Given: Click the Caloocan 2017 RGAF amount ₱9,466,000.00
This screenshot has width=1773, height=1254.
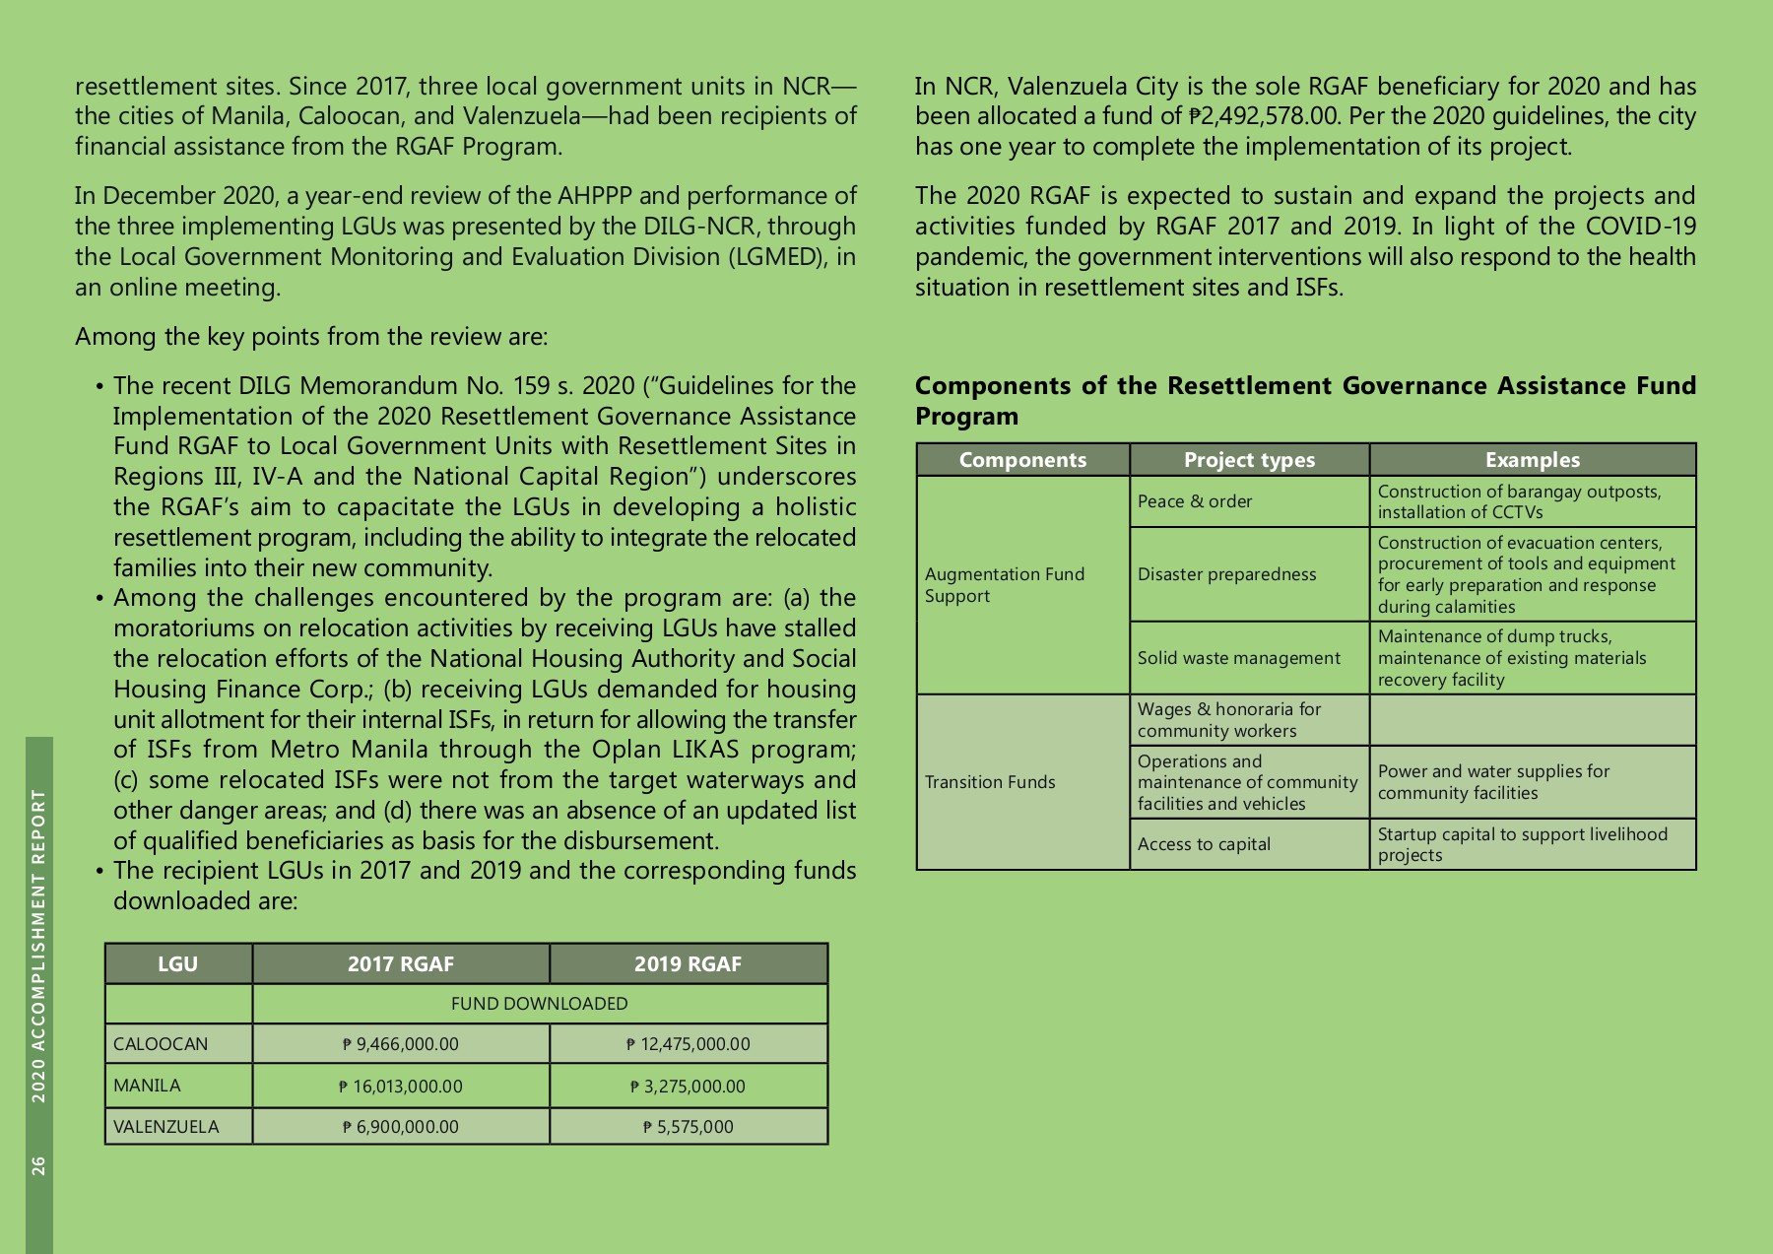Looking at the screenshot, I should pyautogui.click(x=401, y=1044).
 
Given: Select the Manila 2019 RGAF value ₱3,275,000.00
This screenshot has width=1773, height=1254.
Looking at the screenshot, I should pyautogui.click(x=688, y=1087).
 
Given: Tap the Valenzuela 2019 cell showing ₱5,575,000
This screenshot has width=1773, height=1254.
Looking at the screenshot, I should pyautogui.click(x=688, y=1127).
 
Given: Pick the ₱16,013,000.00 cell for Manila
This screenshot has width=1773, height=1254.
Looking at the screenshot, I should pyautogui.click(x=401, y=1087).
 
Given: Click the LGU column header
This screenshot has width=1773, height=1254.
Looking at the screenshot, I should pyautogui.click(x=178, y=964).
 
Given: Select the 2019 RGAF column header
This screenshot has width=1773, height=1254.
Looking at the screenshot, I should pyautogui.click(x=688, y=964).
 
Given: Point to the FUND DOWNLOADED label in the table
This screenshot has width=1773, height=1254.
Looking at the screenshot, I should pyautogui.click(x=539, y=1004).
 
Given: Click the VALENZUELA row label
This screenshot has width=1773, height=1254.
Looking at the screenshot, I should pyautogui.click(x=166, y=1127).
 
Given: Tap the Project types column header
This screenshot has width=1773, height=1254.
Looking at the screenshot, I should pyautogui.click(x=1249, y=460).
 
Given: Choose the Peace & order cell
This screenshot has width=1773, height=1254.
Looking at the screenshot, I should pyautogui.click(x=1195, y=501).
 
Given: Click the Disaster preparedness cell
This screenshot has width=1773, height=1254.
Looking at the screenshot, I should pyautogui.click(x=1226, y=574).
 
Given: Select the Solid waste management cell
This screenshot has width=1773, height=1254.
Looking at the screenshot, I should pyautogui.click(x=1238, y=658).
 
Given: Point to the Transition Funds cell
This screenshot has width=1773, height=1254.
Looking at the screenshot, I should pyautogui.click(x=990, y=782).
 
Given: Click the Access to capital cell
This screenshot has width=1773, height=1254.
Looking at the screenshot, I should pyautogui.click(x=1204, y=844).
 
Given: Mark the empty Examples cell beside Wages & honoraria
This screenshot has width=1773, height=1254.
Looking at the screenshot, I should pyautogui.click(x=1532, y=720).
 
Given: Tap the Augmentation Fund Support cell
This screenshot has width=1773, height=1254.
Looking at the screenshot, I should pyautogui.click(x=1004, y=585).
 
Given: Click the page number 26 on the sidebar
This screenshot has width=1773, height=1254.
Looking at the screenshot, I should pyautogui.click(x=38, y=1165).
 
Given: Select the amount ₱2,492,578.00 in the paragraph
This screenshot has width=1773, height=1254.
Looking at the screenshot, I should pyautogui.click(x=1264, y=116).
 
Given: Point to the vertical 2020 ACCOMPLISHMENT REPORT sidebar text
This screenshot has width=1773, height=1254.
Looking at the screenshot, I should pyautogui.click(x=38, y=946).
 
